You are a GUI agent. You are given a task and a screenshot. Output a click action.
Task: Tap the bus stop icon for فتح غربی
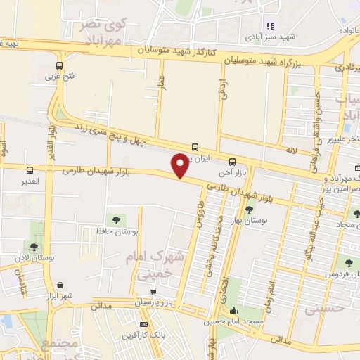tap(58, 67)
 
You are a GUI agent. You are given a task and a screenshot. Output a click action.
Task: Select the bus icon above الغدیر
tap(30, 170)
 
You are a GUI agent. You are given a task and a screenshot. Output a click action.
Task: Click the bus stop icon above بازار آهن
tap(233, 162)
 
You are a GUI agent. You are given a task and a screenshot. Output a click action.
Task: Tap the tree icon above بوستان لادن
tap(33, 246)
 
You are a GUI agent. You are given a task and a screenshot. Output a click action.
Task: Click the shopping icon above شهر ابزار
tap(63, 285)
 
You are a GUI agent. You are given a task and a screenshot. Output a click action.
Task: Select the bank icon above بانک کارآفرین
tap(144, 325)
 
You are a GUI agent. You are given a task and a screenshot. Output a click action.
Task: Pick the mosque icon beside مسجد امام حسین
tap(234, 311)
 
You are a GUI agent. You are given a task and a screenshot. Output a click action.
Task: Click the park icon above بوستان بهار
tap(249, 209)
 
